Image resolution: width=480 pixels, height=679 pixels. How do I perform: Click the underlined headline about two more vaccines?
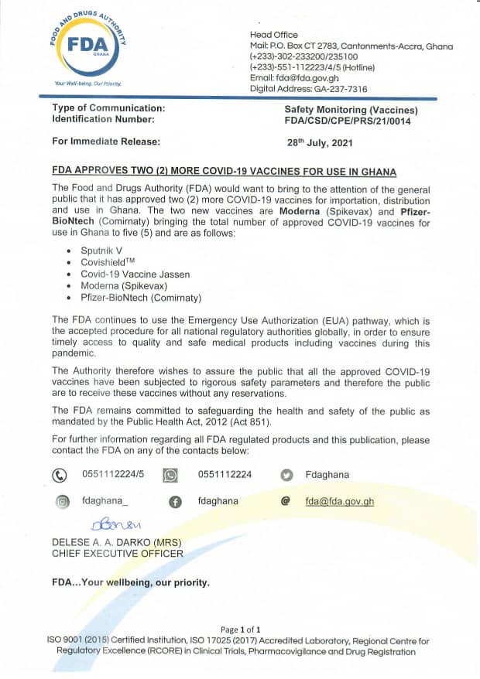point(224,172)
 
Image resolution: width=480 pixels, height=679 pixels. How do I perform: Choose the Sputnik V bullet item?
point(101,251)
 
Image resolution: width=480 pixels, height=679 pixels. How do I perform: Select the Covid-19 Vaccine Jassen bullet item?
point(135,275)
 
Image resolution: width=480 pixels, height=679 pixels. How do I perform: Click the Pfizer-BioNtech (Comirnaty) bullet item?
point(141,298)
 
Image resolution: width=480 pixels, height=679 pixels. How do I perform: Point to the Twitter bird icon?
point(286,475)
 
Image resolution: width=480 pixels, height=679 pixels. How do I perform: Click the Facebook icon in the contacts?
point(175,502)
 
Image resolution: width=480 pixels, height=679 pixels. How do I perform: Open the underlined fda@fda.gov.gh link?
point(339,501)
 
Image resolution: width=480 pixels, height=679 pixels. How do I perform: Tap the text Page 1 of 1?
point(240,630)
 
